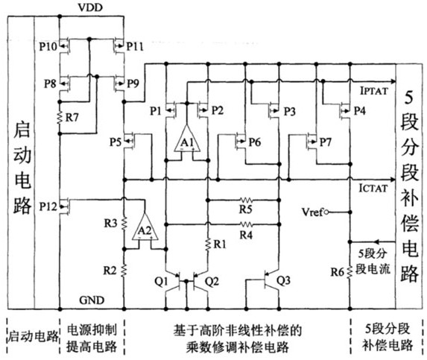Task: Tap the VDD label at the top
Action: pyautogui.click(x=90, y=7)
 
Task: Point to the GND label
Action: pyautogui.click(x=92, y=300)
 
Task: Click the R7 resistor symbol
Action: pyautogui.click(x=60, y=118)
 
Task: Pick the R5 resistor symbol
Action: pyautogui.click(x=246, y=200)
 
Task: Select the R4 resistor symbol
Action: pyautogui.click(x=246, y=224)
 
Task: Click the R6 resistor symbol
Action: pyautogui.click(x=350, y=271)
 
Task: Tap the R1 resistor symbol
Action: pyautogui.click(x=208, y=244)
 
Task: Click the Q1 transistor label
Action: pyautogui.click(x=162, y=282)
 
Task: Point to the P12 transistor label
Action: pyautogui.click(x=48, y=206)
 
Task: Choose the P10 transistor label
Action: pyautogui.click(x=48, y=46)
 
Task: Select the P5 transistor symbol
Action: pyautogui.click(x=130, y=141)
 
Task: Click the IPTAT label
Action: pyautogui.click(x=373, y=91)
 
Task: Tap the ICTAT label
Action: pyautogui.click(x=373, y=188)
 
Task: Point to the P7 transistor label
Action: pyautogui.click(x=326, y=142)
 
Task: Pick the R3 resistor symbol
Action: pyautogui.click(x=124, y=224)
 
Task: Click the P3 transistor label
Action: pyautogui.click(x=290, y=111)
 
